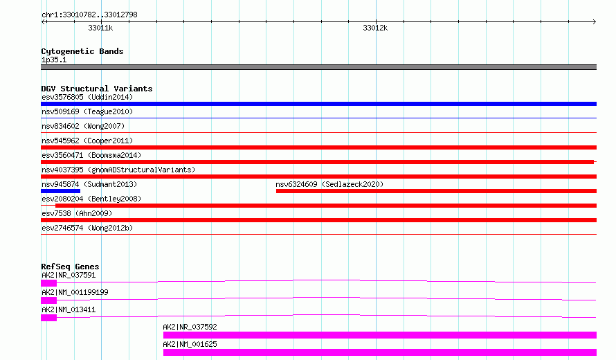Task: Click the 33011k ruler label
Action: pos(100,28)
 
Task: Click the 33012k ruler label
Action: pos(375,28)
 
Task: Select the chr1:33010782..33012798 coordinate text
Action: pos(89,15)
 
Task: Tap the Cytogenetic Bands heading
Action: pos(82,51)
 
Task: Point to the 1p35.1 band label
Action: pos(54,60)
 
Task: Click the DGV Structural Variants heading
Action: pos(97,89)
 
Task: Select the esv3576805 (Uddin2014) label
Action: pos(87,97)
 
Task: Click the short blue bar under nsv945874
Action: pos(60,191)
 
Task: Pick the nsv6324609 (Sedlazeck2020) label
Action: pos(329,184)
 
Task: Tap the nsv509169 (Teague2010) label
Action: pos(87,111)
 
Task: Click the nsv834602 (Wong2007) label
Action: pos(83,126)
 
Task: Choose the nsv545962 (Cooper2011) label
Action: pos(87,141)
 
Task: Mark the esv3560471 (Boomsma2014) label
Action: pos(91,155)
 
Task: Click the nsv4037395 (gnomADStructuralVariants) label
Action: pos(118,170)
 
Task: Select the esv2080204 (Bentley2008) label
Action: pos(91,199)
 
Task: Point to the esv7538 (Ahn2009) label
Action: pos(77,213)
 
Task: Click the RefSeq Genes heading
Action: pos(70,267)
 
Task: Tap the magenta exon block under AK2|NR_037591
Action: pos(48,283)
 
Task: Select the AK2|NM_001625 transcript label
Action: pos(190,344)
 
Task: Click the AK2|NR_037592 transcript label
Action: pos(190,327)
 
